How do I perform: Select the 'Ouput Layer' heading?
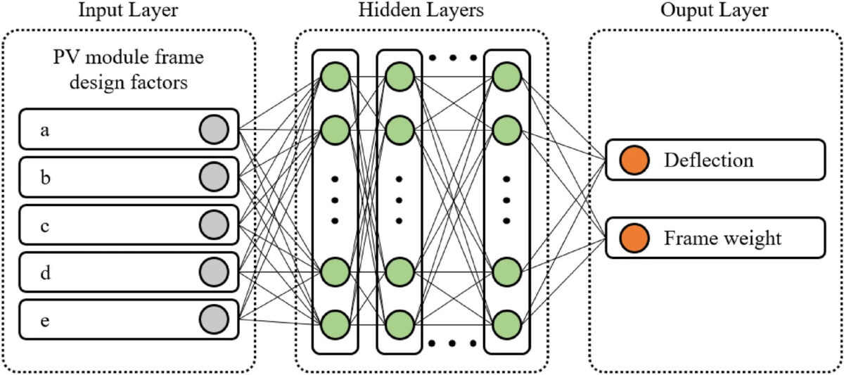(716, 12)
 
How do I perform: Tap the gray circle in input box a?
(214, 129)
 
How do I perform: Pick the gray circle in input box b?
(214, 177)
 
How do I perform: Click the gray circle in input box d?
(214, 271)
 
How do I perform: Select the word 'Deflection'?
(708, 160)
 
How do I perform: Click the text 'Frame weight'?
(722, 239)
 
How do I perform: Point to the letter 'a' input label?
(45, 130)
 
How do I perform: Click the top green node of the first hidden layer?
(335, 75)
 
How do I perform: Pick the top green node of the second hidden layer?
(399, 75)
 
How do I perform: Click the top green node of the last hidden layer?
(506, 75)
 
